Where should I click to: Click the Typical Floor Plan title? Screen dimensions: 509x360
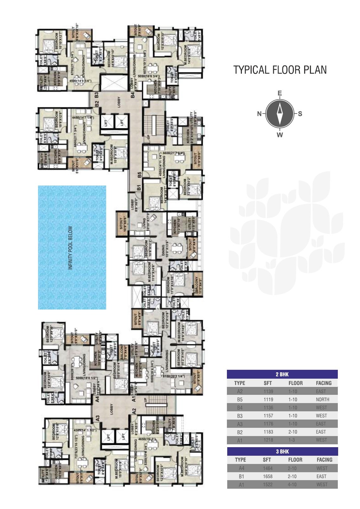click(x=280, y=70)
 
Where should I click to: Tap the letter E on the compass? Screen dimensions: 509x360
click(x=280, y=93)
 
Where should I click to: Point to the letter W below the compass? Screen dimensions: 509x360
click(x=280, y=135)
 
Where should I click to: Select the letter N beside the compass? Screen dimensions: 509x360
click(x=259, y=114)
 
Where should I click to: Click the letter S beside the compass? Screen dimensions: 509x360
click(x=300, y=114)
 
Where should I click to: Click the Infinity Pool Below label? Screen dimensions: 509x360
click(x=71, y=248)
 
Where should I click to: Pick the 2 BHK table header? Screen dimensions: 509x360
click(x=282, y=374)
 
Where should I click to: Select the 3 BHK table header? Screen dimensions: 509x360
click(x=282, y=451)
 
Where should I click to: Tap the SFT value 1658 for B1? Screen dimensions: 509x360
click(x=267, y=476)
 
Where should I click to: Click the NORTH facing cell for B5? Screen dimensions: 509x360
click(x=322, y=400)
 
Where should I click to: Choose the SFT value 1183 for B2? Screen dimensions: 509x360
click(x=268, y=432)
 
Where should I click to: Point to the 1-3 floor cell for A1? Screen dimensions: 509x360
click(x=292, y=440)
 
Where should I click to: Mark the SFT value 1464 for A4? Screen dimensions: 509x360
click(x=267, y=468)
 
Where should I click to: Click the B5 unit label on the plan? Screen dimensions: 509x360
click(x=139, y=174)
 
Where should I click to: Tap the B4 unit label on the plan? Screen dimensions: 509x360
click(x=133, y=95)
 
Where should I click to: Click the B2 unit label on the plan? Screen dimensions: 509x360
click(x=97, y=104)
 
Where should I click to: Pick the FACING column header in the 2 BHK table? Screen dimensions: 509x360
click(x=323, y=383)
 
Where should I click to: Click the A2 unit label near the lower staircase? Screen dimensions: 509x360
click(x=134, y=411)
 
